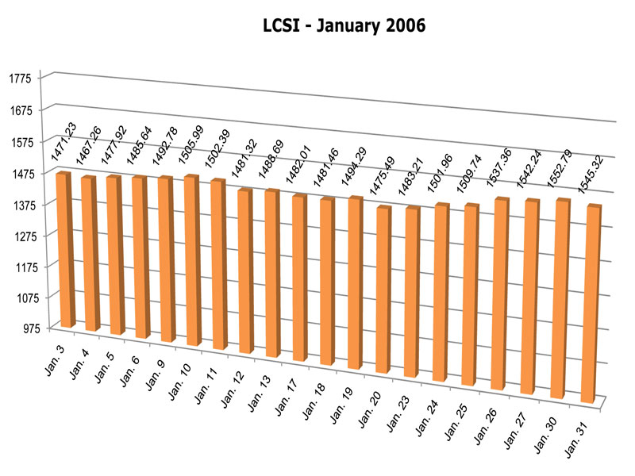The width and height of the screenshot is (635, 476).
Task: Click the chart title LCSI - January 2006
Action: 344,26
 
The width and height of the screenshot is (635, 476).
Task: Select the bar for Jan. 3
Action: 66,249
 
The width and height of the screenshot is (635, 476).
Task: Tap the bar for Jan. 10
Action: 193,260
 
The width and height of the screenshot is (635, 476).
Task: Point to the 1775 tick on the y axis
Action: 21,78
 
